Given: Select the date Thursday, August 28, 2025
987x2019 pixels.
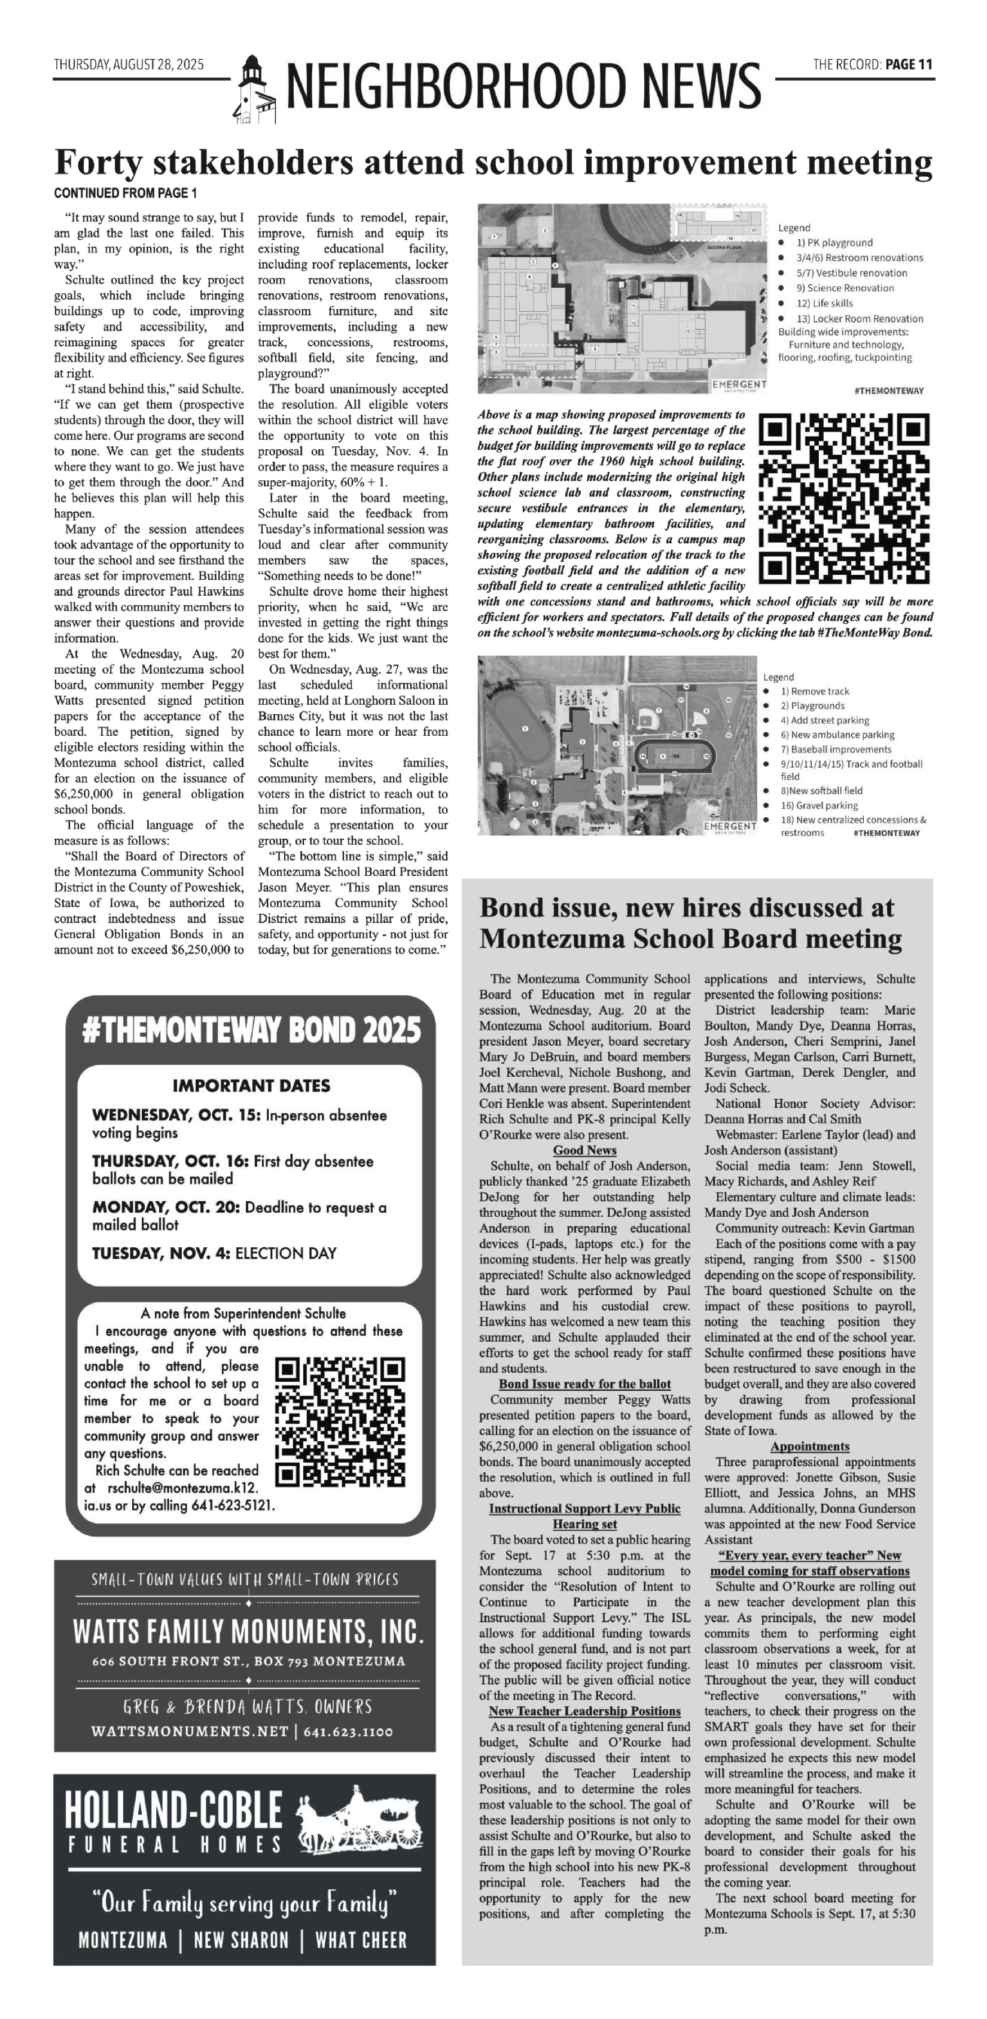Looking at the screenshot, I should click(129, 64).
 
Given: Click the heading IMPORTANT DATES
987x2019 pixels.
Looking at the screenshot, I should click(251, 1086).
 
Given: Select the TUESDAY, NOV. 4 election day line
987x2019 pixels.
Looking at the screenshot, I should click(214, 1253).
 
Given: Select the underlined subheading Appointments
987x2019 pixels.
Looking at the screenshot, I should click(809, 1446).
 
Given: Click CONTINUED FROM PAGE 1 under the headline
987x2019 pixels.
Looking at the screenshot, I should click(126, 193).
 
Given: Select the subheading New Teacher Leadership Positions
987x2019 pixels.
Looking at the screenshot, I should click(584, 1711).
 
